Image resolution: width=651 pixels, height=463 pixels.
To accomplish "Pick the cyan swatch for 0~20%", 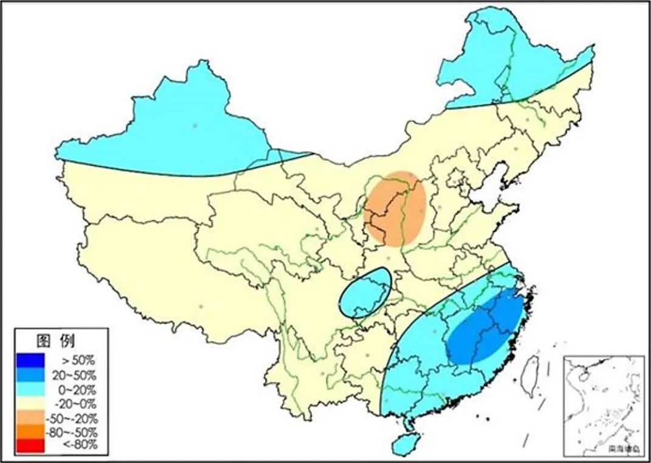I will tap(32, 389).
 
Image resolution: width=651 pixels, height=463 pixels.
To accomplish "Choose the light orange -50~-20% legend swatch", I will tap(32, 418).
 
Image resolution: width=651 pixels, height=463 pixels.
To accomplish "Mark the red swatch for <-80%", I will tap(32, 447).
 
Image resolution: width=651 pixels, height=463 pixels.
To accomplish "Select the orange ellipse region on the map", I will tap(396, 208).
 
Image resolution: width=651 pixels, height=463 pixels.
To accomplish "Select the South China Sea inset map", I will tap(603, 405).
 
